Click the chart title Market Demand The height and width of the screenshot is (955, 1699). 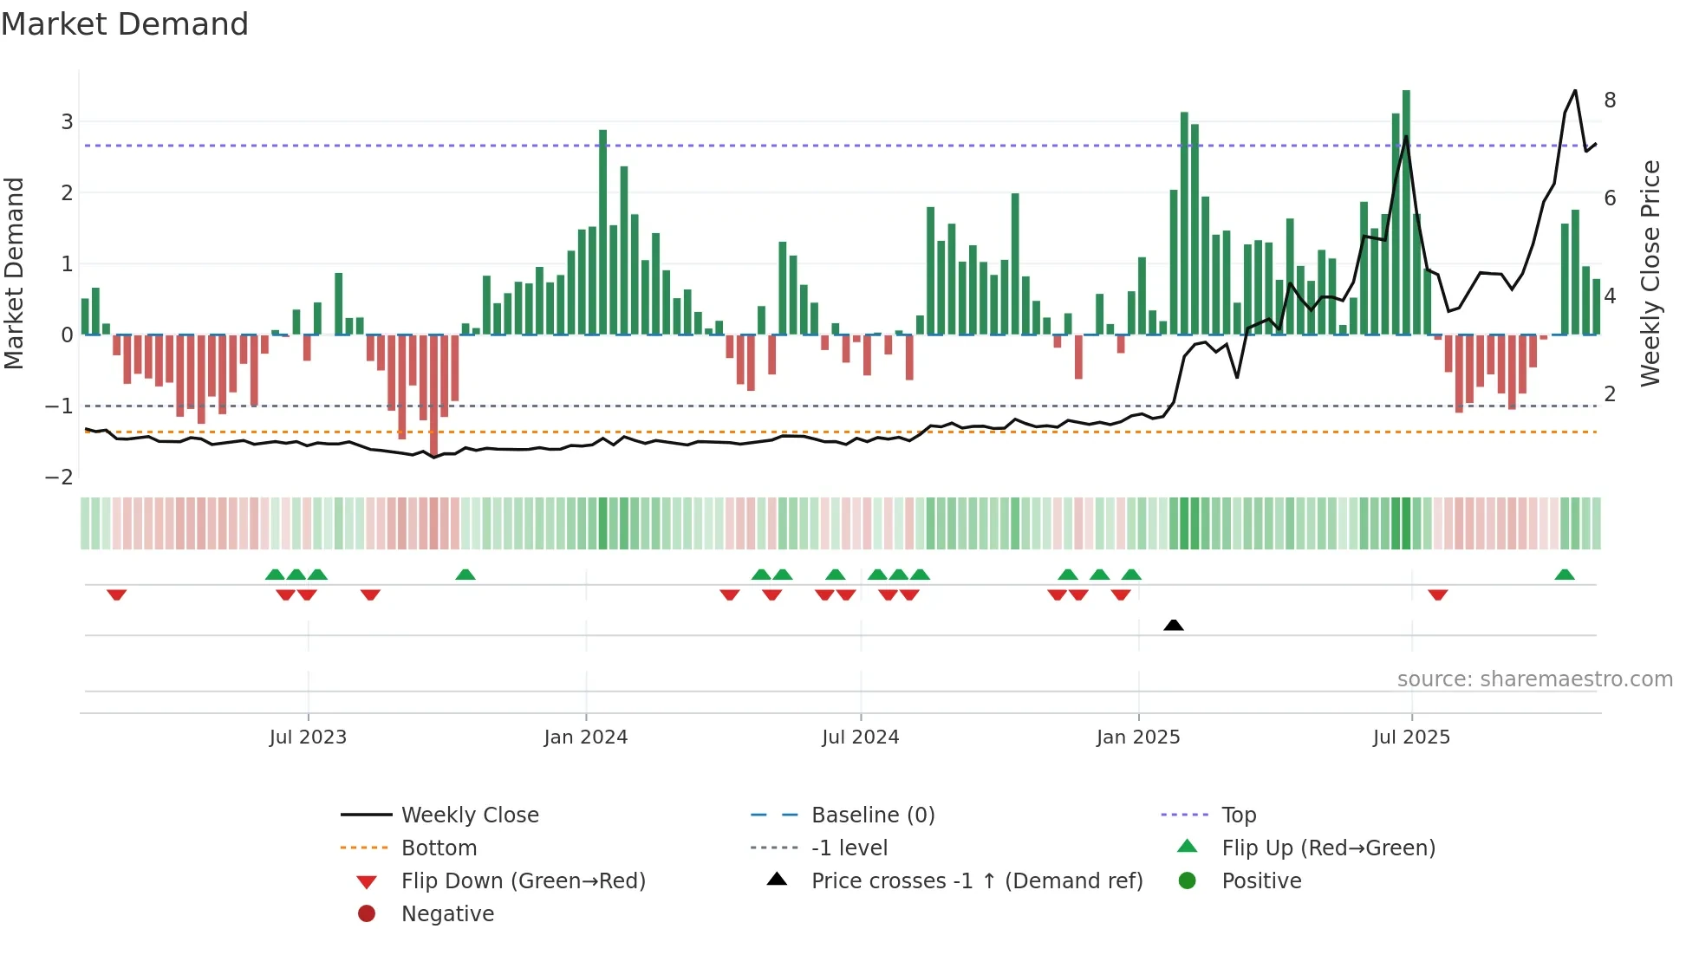(x=125, y=24)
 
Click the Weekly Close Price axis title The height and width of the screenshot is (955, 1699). (x=1650, y=273)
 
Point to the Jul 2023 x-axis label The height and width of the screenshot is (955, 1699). (x=308, y=737)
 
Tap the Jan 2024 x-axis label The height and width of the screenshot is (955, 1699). (x=585, y=737)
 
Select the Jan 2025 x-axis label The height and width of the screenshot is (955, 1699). (x=1137, y=737)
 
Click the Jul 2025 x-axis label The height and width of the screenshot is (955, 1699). (x=1411, y=737)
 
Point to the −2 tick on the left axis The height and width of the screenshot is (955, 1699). (x=59, y=477)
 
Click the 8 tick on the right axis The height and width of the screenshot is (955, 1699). (x=1610, y=101)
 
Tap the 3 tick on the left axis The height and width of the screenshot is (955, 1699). (x=67, y=122)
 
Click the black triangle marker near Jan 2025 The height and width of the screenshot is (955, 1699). (x=1173, y=625)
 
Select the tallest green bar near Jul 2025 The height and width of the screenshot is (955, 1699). (x=1406, y=212)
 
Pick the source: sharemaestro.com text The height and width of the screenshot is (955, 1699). (x=1534, y=679)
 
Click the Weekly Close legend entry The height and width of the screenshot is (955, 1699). (x=469, y=815)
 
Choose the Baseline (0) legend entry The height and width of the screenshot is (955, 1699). (x=872, y=815)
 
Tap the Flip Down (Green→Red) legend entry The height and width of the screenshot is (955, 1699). (x=523, y=881)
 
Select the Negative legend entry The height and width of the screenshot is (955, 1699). (x=447, y=914)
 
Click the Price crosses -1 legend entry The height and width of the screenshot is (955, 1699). (x=976, y=881)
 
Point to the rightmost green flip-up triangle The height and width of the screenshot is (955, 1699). (x=1564, y=575)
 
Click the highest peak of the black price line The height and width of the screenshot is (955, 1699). (x=1575, y=90)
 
